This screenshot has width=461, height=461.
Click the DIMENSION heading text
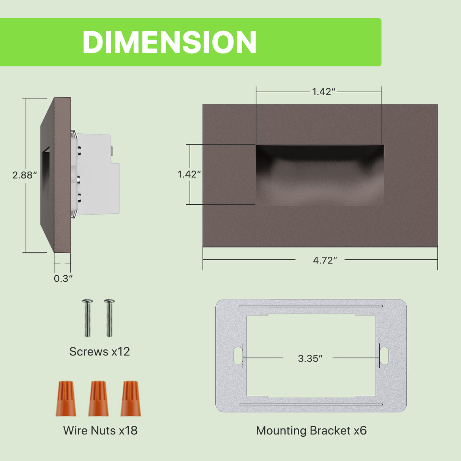169,42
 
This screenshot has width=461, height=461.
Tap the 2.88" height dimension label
25,175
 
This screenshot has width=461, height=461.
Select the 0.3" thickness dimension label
63,278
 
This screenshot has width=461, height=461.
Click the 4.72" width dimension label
325,260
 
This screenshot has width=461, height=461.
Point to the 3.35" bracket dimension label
310,358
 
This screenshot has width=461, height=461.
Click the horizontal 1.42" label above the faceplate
324,92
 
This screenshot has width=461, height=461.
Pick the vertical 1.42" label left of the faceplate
189,174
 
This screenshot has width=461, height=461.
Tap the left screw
87,317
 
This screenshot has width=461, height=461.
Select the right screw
109,317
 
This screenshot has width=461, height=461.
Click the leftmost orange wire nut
66,399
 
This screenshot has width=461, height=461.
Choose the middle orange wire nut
98,399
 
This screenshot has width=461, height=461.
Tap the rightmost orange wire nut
131,399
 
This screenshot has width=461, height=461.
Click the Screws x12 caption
99,352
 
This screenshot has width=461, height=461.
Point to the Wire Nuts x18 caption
100,430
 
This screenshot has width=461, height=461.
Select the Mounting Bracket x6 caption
311,430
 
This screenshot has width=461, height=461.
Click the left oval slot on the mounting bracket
238,355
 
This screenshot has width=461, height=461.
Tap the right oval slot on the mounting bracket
384,355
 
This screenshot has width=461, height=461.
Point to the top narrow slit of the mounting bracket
311,306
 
